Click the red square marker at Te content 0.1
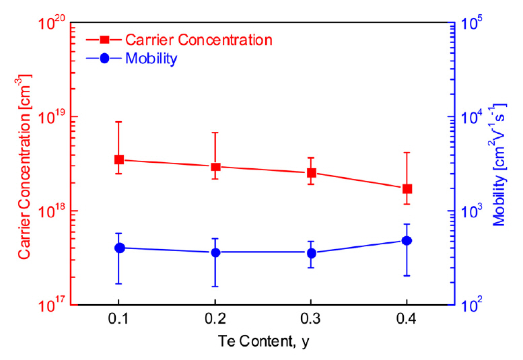coord(119,159)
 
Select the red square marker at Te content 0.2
coord(215,166)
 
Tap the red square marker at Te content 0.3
coord(311,173)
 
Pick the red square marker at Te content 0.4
coord(407,188)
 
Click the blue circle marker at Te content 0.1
coord(119,248)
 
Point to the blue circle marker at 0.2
coord(215,252)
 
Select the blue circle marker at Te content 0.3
coord(311,253)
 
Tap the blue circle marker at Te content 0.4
coord(407,240)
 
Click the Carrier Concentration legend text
coord(199,40)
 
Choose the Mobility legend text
coord(151,59)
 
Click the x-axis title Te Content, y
coord(263,342)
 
